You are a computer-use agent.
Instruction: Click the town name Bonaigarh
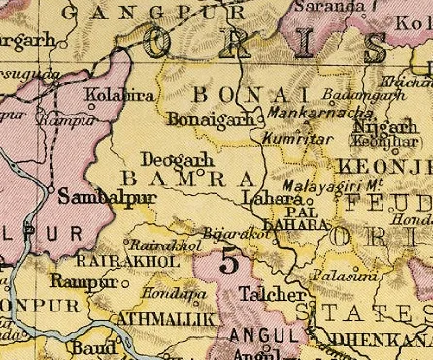tap(200, 119)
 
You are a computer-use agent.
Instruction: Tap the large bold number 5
tap(229, 262)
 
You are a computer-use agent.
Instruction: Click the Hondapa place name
tap(161, 291)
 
